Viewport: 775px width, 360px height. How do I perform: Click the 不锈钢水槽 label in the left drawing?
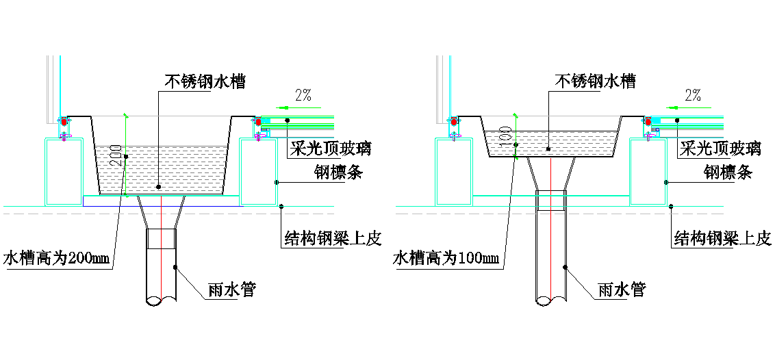tap(205, 82)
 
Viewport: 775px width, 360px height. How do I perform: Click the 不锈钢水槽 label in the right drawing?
tap(595, 82)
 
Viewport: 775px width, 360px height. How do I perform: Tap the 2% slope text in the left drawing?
tap(305, 96)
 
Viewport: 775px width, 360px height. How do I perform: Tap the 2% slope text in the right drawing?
tap(693, 96)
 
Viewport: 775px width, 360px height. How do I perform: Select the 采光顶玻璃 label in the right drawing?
tap(720, 148)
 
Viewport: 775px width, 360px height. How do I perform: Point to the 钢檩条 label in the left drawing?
tap(338, 172)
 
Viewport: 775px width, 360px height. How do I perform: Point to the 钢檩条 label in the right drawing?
tap(728, 172)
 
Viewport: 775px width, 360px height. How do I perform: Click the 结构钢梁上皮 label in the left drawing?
tap(333, 239)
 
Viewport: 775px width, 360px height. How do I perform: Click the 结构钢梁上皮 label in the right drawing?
tap(723, 239)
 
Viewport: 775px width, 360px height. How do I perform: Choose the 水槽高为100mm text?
tap(446, 259)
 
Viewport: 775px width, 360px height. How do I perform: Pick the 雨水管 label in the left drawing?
tap(231, 290)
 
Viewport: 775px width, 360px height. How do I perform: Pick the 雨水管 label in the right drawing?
tap(621, 290)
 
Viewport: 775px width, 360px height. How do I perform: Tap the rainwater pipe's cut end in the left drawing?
tap(162, 300)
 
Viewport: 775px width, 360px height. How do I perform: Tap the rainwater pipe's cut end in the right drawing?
tap(551, 300)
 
